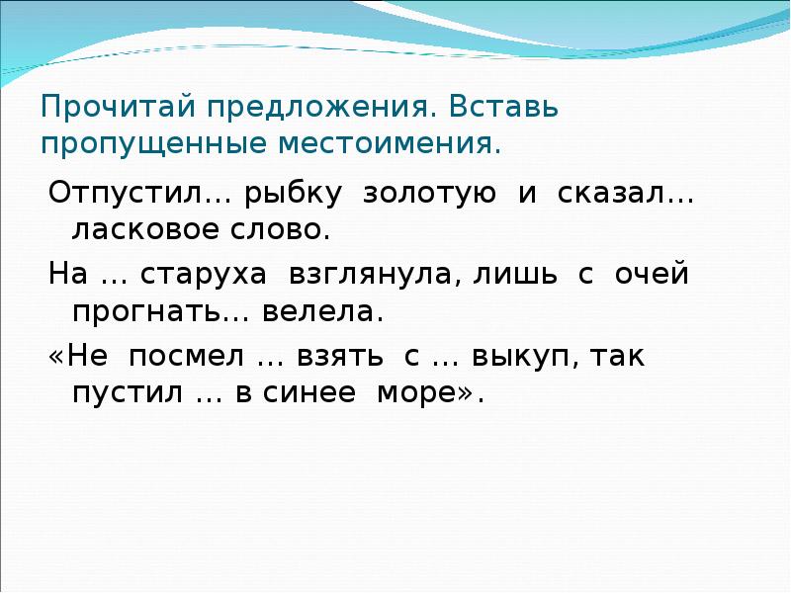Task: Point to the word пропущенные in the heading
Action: pos(136,144)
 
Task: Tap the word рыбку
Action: pos(296,194)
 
